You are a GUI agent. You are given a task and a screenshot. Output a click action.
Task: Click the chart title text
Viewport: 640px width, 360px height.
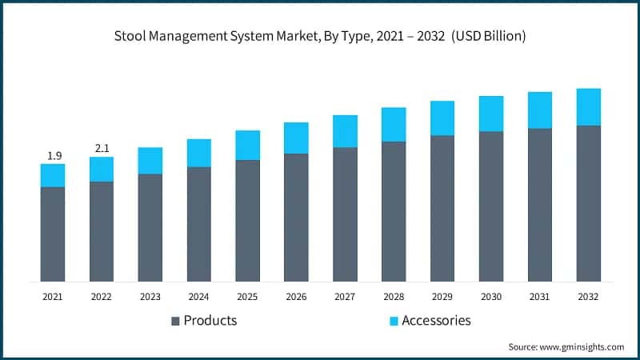pyautogui.click(x=319, y=36)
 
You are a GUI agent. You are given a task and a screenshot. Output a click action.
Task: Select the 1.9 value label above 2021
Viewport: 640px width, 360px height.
pyautogui.click(x=53, y=154)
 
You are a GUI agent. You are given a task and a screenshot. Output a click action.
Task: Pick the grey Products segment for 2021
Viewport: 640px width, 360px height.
pyautogui.click(x=53, y=234)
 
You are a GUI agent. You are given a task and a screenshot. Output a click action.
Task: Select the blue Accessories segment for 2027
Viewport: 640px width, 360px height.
pyautogui.click(x=345, y=131)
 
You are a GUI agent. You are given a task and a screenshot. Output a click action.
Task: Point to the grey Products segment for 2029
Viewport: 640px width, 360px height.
pyautogui.click(x=442, y=208)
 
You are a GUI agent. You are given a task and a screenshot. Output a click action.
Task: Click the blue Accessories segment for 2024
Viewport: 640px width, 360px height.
pyautogui.click(x=199, y=153)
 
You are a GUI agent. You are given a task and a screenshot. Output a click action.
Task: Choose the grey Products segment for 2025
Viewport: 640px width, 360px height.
pyautogui.click(x=247, y=220)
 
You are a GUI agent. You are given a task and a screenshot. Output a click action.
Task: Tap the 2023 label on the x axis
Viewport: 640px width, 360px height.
pyautogui.click(x=150, y=296)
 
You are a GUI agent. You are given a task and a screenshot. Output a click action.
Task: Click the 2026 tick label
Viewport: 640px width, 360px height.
pyautogui.click(x=296, y=296)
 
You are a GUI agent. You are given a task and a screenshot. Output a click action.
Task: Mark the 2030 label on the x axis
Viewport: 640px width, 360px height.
pyautogui.click(x=491, y=296)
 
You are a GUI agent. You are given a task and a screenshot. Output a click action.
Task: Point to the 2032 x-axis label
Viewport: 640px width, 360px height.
pyautogui.click(x=589, y=296)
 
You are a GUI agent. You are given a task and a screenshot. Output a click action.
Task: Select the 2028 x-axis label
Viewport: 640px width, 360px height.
pyautogui.click(x=394, y=296)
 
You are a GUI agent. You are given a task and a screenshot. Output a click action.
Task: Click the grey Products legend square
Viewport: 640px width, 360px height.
pyautogui.click(x=174, y=321)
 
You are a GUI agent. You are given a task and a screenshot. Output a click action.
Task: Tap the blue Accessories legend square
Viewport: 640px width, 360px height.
pyautogui.click(x=392, y=321)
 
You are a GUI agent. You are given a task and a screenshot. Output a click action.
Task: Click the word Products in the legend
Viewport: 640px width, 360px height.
pyautogui.click(x=210, y=321)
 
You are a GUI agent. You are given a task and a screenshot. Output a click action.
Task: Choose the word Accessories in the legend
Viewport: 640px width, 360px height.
pyautogui.click(x=436, y=321)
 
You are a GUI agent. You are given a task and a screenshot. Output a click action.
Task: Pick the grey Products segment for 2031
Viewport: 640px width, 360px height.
pyautogui.click(x=540, y=205)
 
